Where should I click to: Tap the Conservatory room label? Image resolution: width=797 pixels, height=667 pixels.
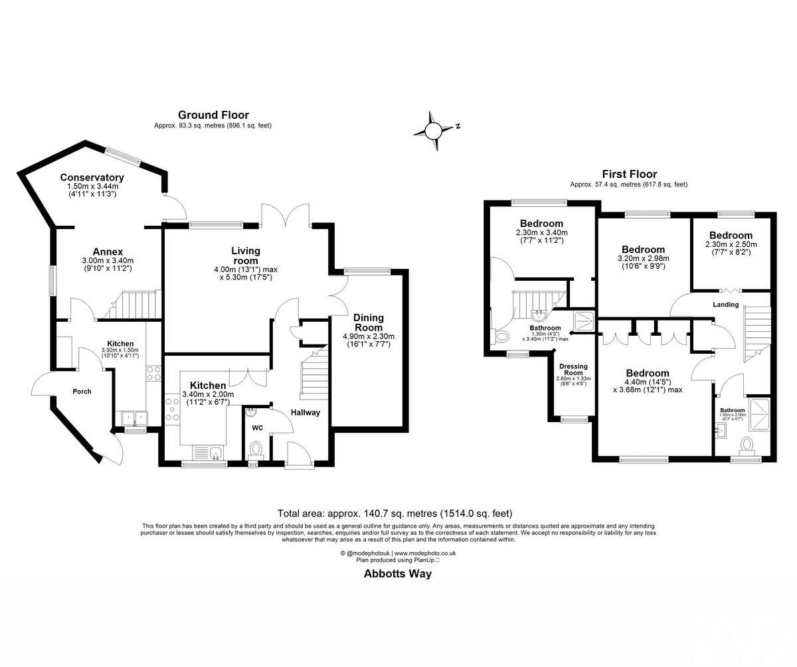pyautogui.click(x=92, y=177)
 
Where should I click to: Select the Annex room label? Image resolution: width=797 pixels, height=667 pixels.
pyautogui.click(x=108, y=252)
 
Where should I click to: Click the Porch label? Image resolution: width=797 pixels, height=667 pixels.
pyautogui.click(x=82, y=392)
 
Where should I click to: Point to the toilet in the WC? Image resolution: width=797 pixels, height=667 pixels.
pyautogui.click(x=255, y=451)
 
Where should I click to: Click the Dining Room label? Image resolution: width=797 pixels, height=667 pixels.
pyautogui.click(x=368, y=323)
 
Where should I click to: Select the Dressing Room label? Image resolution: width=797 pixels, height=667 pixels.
pyautogui.click(x=573, y=370)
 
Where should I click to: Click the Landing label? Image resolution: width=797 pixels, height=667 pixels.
pyautogui.click(x=725, y=305)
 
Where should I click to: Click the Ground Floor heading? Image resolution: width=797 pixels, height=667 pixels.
pyautogui.click(x=213, y=115)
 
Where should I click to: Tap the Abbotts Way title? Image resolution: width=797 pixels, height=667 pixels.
pyautogui.click(x=397, y=574)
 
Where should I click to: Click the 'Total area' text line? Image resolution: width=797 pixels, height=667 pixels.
pyautogui.click(x=395, y=513)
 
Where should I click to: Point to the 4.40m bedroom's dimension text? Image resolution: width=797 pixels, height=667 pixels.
pyautogui.click(x=647, y=386)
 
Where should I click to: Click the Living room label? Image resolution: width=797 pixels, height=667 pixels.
pyautogui.click(x=246, y=255)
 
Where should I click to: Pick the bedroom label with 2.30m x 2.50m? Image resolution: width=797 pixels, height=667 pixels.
pyautogui.click(x=731, y=235)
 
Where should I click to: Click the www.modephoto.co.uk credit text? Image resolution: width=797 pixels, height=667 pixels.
pyautogui.click(x=425, y=553)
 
